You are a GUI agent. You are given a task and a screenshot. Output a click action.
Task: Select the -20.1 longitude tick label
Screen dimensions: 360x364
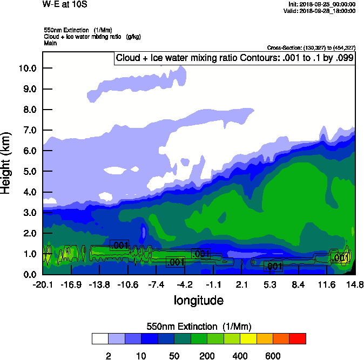point(43,284)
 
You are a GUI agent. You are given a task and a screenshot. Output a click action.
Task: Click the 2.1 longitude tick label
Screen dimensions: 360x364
point(242,284)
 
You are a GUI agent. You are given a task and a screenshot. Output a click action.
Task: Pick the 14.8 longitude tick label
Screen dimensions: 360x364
point(354,284)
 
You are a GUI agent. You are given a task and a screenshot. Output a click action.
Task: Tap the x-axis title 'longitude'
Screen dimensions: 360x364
point(198,300)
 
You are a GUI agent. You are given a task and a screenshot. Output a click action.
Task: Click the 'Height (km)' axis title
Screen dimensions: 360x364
point(6,162)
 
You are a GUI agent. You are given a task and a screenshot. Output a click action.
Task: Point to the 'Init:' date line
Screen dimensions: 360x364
point(322,4)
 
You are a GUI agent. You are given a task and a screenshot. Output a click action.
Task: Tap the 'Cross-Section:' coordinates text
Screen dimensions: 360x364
point(311,47)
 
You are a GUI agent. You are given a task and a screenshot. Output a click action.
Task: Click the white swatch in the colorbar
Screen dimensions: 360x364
point(100,339)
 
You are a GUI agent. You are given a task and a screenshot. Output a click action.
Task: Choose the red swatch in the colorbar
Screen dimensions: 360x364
point(298,339)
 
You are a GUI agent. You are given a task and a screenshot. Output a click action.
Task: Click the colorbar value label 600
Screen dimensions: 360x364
point(273,356)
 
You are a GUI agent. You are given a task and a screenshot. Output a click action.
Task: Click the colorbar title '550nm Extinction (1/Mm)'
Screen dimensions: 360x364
point(199,327)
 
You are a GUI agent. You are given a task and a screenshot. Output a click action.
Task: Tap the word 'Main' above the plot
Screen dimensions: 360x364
point(50,42)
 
